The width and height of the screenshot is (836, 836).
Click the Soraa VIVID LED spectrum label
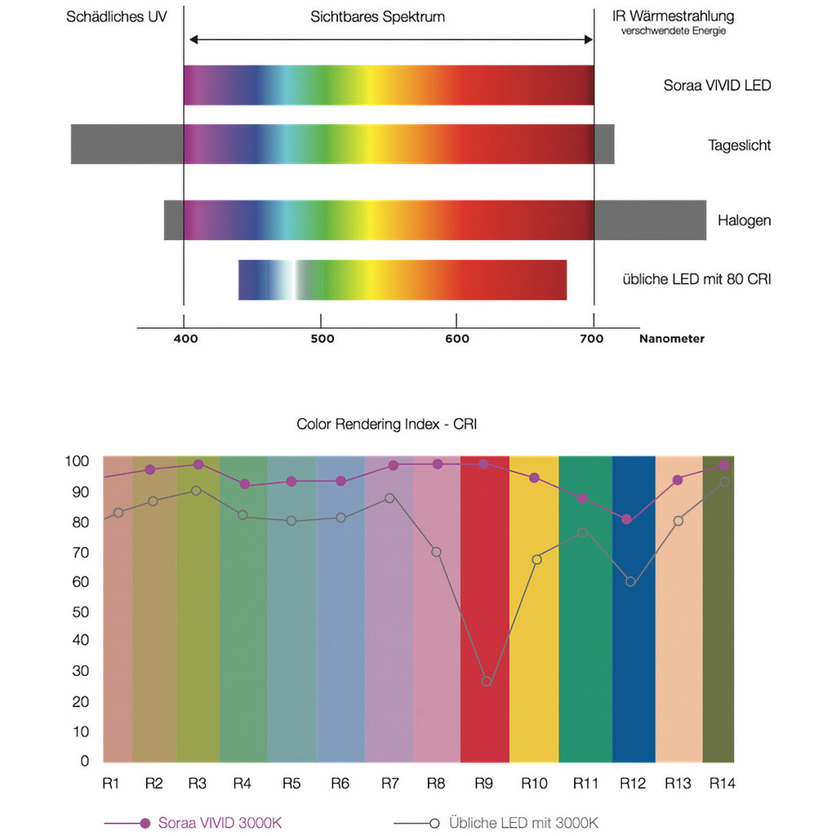717,85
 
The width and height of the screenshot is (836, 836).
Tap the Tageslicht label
739,145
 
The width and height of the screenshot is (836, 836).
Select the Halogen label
744,220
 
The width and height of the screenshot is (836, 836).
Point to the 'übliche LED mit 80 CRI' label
696,279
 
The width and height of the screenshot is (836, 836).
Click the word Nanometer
671,339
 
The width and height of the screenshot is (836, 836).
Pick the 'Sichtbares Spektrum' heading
377,16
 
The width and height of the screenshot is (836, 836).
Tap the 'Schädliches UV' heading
117,16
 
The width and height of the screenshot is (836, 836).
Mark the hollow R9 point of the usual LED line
487,681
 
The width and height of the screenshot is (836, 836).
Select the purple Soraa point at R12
626,519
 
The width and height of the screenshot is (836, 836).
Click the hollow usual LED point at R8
437,552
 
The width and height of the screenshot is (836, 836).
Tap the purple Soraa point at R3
198,465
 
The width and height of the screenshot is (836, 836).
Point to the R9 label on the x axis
483,784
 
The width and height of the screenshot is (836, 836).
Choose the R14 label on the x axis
722,784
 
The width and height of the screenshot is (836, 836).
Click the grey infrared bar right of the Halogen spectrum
650,220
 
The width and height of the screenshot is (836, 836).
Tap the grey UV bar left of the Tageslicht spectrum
127,145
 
